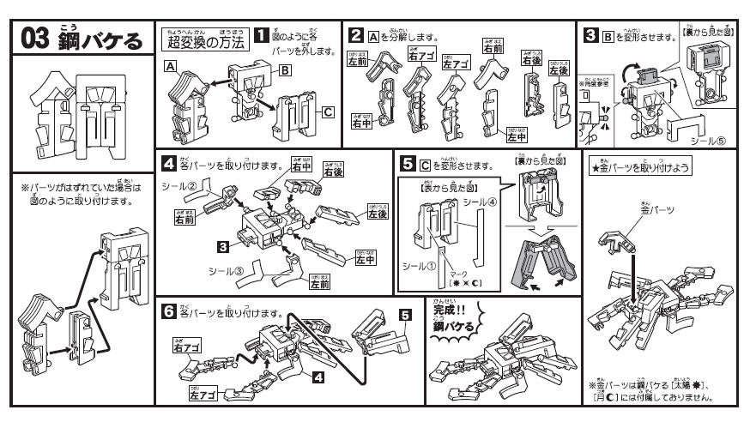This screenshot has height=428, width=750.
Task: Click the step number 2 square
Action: (354, 35)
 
